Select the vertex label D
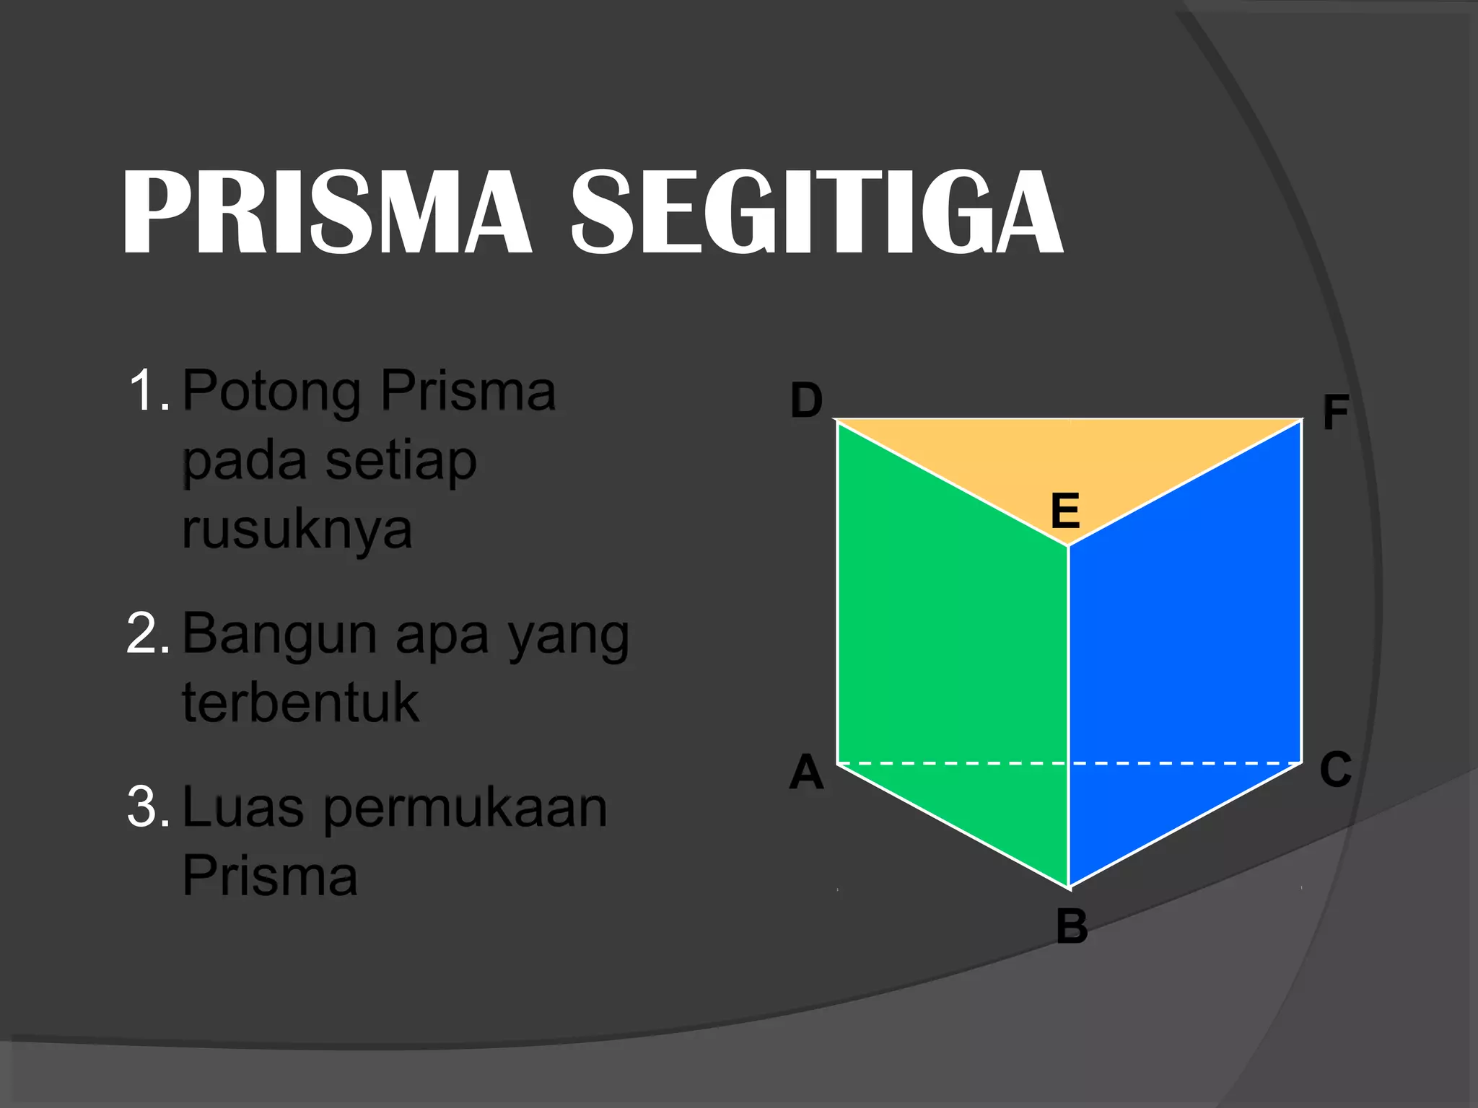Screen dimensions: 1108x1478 pyautogui.click(x=806, y=401)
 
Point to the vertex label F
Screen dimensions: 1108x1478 pyautogui.click(x=1335, y=413)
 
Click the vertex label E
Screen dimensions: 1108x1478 pyautogui.click(x=1065, y=510)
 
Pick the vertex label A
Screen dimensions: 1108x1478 pyautogui.click(x=806, y=772)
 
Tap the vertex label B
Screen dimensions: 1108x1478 pyautogui.click(x=1072, y=926)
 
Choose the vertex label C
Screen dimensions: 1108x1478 pyautogui.click(x=1335, y=769)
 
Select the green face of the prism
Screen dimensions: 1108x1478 pyautogui.click(x=953, y=635)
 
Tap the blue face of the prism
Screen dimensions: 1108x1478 pyautogui.click(x=1184, y=635)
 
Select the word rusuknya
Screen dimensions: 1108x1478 pyautogui.click(x=297, y=530)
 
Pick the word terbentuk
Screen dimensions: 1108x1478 pyautogui.click(x=300, y=702)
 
